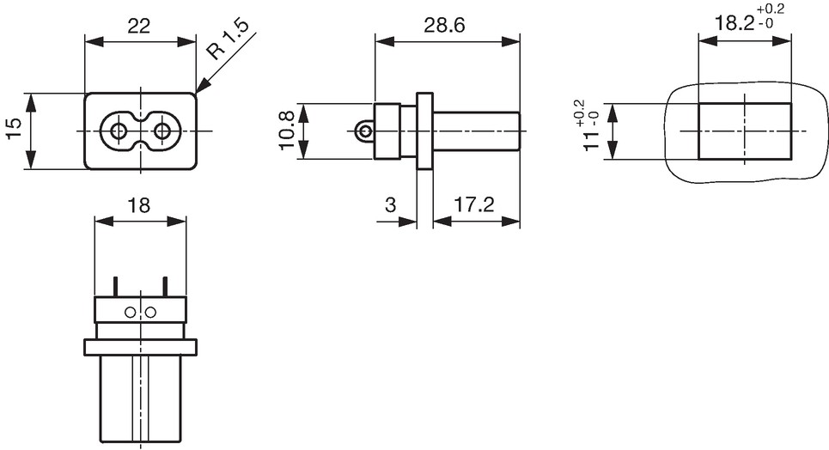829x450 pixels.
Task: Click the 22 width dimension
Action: click(139, 26)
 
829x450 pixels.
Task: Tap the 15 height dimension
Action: click(15, 130)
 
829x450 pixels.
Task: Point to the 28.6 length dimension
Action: click(444, 26)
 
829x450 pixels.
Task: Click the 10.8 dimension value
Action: click(287, 131)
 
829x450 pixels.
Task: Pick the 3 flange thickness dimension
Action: click(391, 204)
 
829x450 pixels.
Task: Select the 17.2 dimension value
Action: click(473, 204)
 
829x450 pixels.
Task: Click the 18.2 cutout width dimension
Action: click(735, 23)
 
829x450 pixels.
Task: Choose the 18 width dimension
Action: click(139, 205)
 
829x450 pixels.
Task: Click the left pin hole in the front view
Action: click(118, 131)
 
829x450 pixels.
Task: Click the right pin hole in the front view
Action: click(162, 131)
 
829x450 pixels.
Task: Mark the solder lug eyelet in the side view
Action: click(363, 131)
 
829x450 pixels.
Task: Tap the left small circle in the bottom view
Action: click(130, 313)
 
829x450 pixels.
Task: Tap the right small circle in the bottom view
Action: click(150, 313)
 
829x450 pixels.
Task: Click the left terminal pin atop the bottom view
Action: click(114, 287)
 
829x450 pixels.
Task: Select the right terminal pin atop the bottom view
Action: click(165, 287)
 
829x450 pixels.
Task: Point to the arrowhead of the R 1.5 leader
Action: click(196, 94)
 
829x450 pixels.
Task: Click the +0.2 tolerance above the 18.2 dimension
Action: click(771, 9)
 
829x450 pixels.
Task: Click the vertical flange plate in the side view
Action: click(424, 131)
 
